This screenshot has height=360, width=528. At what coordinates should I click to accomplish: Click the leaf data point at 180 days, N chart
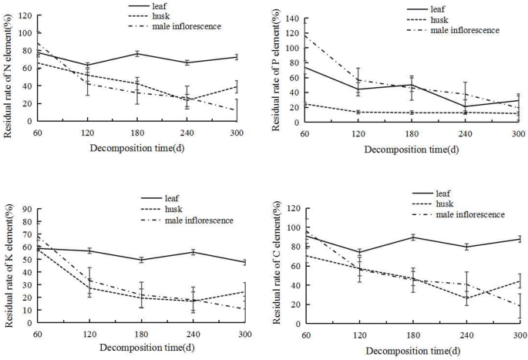coord(137,53)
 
